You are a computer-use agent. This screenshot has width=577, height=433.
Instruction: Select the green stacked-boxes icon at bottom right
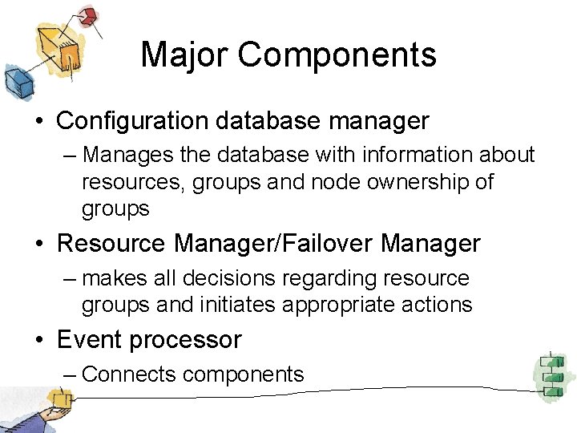point(551,372)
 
